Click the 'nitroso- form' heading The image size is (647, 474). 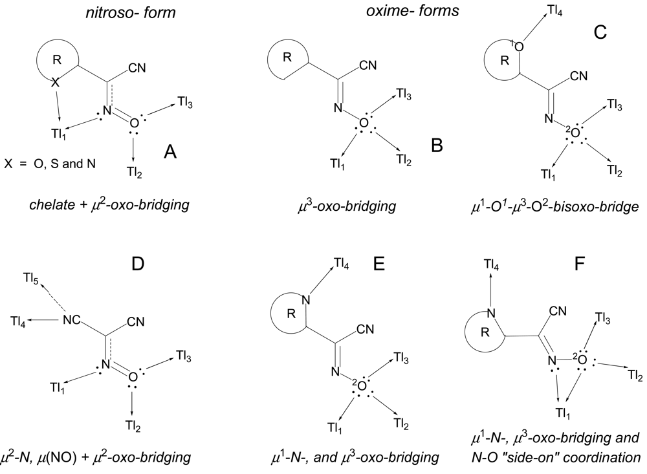coord(107,14)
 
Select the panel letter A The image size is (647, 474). coord(171,152)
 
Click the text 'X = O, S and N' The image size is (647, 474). coord(50,165)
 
